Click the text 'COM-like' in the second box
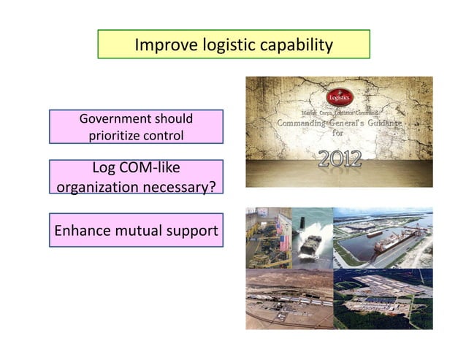click(150, 168)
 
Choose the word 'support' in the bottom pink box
click(192, 231)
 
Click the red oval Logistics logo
click(340, 96)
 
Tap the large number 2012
click(340, 159)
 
